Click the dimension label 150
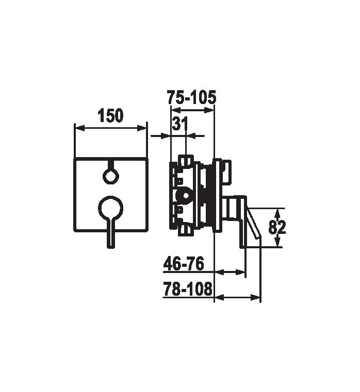click(110, 115)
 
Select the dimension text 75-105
click(191, 97)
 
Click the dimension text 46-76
click(184, 264)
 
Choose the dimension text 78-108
click(188, 289)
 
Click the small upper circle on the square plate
click(111, 177)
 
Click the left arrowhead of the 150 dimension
click(80, 128)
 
